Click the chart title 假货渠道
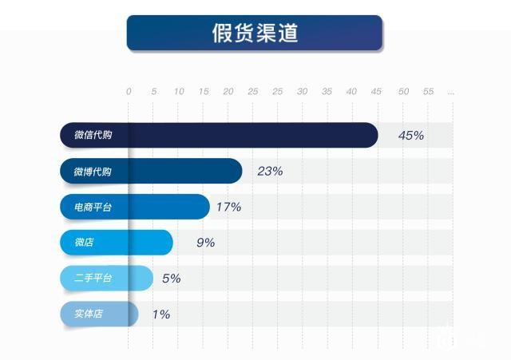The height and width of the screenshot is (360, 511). click(x=255, y=34)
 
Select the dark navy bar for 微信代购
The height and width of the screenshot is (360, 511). click(x=240, y=135)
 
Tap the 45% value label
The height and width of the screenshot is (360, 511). click(x=411, y=135)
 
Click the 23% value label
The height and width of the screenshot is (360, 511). click(x=270, y=171)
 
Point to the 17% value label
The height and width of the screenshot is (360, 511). click(x=228, y=207)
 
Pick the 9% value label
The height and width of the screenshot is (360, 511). click(x=205, y=243)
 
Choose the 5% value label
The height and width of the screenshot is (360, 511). click(x=171, y=279)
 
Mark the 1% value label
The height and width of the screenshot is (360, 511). click(x=160, y=315)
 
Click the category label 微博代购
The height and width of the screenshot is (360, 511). click(x=93, y=172)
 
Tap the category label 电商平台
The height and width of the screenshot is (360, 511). click(x=93, y=208)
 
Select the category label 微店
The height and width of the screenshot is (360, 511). click(x=84, y=243)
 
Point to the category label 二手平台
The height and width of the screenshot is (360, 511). click(x=93, y=279)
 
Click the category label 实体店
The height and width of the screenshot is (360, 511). click(x=88, y=315)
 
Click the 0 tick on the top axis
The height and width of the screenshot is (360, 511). click(x=129, y=92)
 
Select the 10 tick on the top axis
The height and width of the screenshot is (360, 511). click(x=179, y=92)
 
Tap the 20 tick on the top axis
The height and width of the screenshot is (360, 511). click(x=228, y=92)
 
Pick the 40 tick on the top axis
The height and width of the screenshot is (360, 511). click(x=351, y=92)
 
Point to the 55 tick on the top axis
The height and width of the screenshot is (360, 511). click(x=428, y=92)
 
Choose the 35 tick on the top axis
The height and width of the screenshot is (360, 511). click(x=327, y=92)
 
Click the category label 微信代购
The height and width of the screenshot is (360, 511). click(x=93, y=135)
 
